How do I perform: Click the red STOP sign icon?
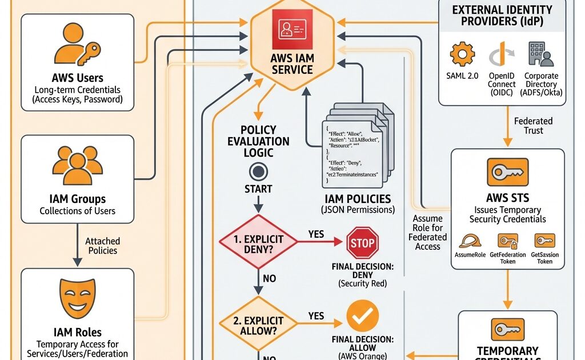click(362, 243)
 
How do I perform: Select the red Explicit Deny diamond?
click(259, 242)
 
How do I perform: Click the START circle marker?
click(258, 171)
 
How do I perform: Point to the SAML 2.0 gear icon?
click(462, 55)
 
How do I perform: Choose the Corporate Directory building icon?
click(540, 55)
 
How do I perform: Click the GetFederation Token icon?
click(507, 241)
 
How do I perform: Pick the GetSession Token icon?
click(544, 241)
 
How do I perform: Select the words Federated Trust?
click(533, 126)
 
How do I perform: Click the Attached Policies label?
click(103, 246)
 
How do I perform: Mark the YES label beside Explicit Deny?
click(316, 234)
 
